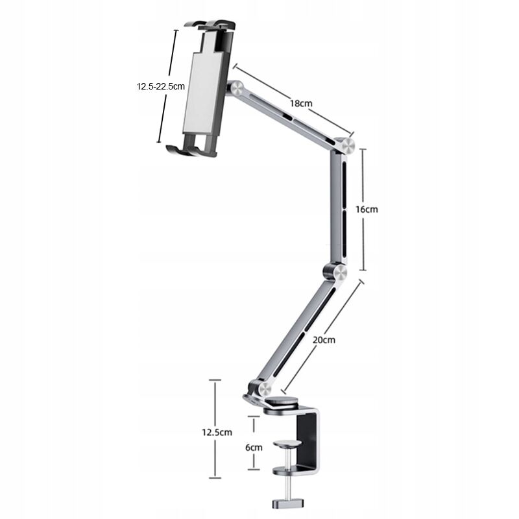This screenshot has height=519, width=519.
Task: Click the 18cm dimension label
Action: (x=301, y=103)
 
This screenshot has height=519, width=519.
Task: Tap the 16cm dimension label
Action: (x=367, y=210)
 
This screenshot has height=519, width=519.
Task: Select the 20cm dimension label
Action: (x=324, y=340)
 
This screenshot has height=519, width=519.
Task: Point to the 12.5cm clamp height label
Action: (x=217, y=432)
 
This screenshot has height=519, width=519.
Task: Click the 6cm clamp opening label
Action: (x=254, y=448)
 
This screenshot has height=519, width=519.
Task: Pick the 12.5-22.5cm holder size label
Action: (x=161, y=87)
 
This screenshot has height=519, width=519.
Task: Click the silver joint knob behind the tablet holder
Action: (x=237, y=88)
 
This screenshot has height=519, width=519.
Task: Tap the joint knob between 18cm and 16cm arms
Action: (x=348, y=145)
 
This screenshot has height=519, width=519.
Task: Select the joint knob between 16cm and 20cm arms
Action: (x=340, y=273)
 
